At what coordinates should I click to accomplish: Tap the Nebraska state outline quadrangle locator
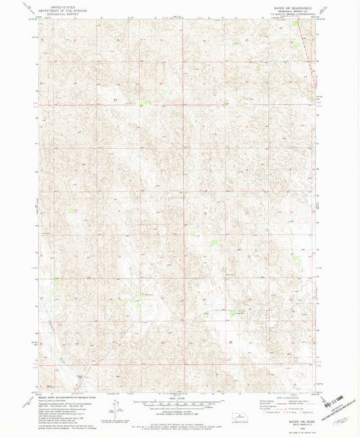coord(236,414)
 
